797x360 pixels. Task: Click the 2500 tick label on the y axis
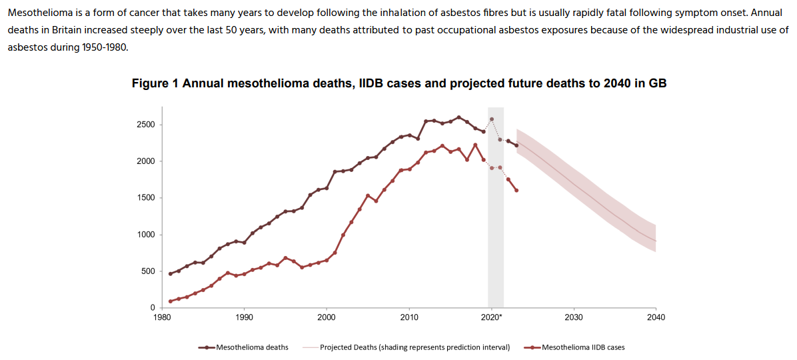pyautogui.click(x=145, y=125)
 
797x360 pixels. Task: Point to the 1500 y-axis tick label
pyautogui.click(x=145, y=198)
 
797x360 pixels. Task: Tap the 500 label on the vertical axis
pyautogui.click(x=147, y=271)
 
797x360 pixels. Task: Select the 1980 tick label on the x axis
pyautogui.click(x=161, y=317)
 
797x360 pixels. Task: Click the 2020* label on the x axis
pyautogui.click(x=492, y=317)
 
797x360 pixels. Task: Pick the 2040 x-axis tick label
pyautogui.click(x=656, y=317)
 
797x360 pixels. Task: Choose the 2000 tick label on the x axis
pyautogui.click(x=327, y=317)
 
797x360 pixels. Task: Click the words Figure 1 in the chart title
pyautogui.click(x=155, y=83)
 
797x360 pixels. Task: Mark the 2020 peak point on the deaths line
pyautogui.click(x=492, y=119)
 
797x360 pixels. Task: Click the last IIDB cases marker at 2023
pyautogui.click(x=516, y=191)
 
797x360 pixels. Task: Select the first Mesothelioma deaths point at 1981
pyautogui.click(x=170, y=273)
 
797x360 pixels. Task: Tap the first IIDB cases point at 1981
pyautogui.click(x=170, y=301)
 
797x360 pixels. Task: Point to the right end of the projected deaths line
pyautogui.click(x=656, y=241)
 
